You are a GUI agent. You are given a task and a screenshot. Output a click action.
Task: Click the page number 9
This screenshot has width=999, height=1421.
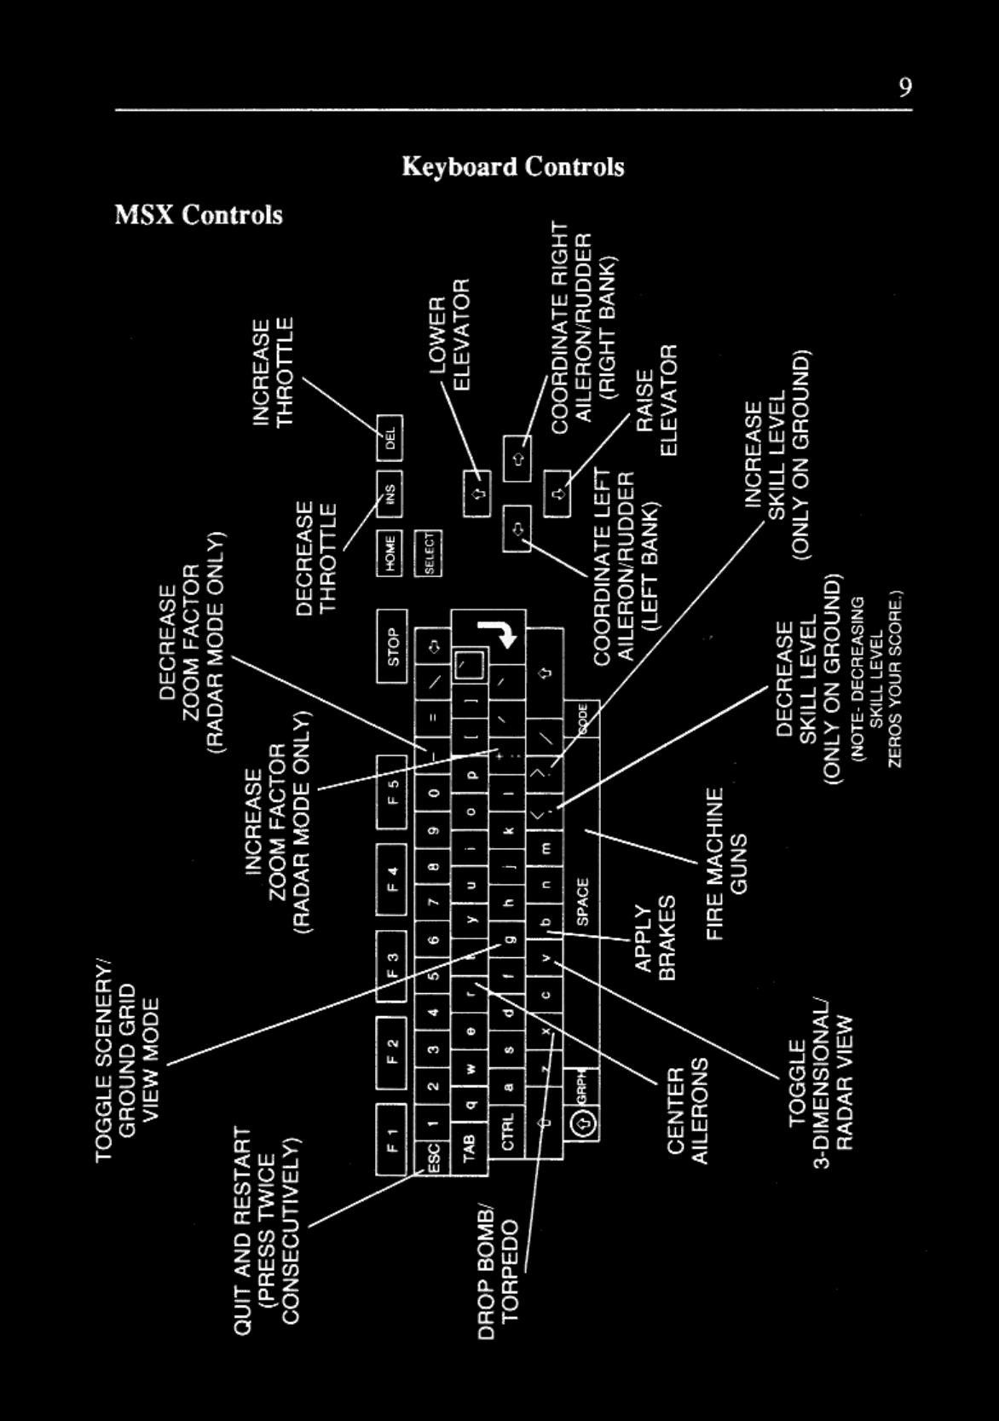(x=904, y=88)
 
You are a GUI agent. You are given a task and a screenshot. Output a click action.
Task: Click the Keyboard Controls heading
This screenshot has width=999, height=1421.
(x=512, y=166)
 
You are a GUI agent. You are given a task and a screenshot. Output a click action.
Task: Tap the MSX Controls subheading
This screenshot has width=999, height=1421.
(x=199, y=214)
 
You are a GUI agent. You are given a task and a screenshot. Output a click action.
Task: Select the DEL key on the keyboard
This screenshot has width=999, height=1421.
(x=390, y=440)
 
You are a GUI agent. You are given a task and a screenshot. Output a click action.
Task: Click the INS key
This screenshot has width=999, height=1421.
(x=390, y=494)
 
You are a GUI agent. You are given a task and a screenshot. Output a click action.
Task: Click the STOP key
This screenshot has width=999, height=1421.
(x=392, y=646)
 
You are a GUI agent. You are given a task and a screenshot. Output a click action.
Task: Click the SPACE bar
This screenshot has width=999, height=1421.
(x=582, y=902)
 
